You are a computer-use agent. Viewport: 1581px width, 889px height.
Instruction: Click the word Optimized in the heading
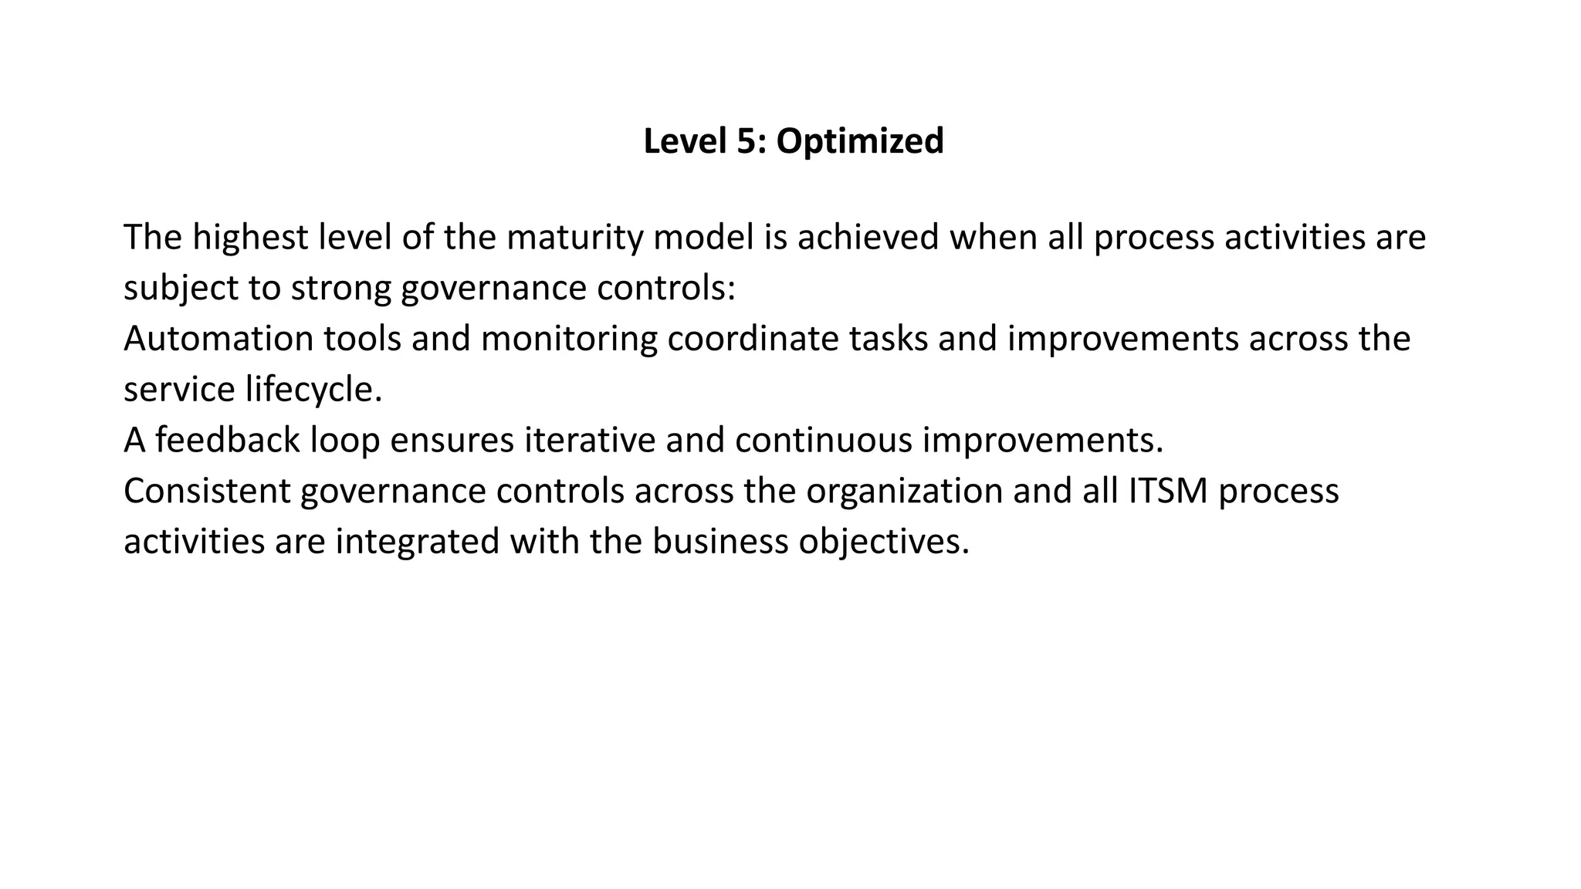pos(859,141)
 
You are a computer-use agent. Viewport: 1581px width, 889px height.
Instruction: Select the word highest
pos(250,237)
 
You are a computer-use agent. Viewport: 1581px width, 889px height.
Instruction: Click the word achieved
pos(868,237)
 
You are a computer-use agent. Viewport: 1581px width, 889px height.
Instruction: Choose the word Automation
pos(218,339)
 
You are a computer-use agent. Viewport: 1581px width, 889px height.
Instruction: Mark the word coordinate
pos(753,339)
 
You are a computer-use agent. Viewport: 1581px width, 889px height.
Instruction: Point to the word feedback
pos(228,441)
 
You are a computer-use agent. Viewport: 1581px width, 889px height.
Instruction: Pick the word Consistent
pos(207,492)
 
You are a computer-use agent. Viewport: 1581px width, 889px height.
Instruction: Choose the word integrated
pos(417,543)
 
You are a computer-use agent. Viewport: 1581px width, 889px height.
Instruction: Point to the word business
pos(720,543)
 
